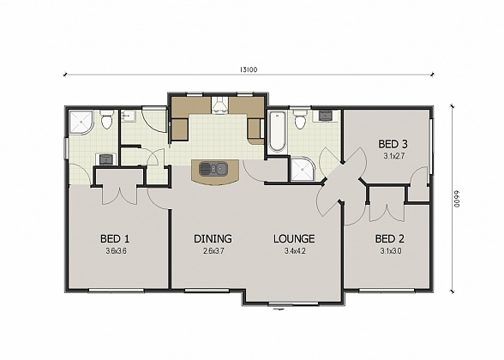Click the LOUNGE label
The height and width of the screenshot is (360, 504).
(294, 238)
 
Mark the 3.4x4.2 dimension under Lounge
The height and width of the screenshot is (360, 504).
(294, 250)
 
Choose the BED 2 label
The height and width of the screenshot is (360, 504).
(389, 238)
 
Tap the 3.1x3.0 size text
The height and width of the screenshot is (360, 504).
(389, 250)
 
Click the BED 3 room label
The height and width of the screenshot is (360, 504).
(393, 144)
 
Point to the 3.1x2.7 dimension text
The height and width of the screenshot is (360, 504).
(393, 156)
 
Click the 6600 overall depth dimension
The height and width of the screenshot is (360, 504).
(458, 198)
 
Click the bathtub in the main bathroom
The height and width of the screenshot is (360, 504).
(278, 133)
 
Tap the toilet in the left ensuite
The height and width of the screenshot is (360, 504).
(106, 121)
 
